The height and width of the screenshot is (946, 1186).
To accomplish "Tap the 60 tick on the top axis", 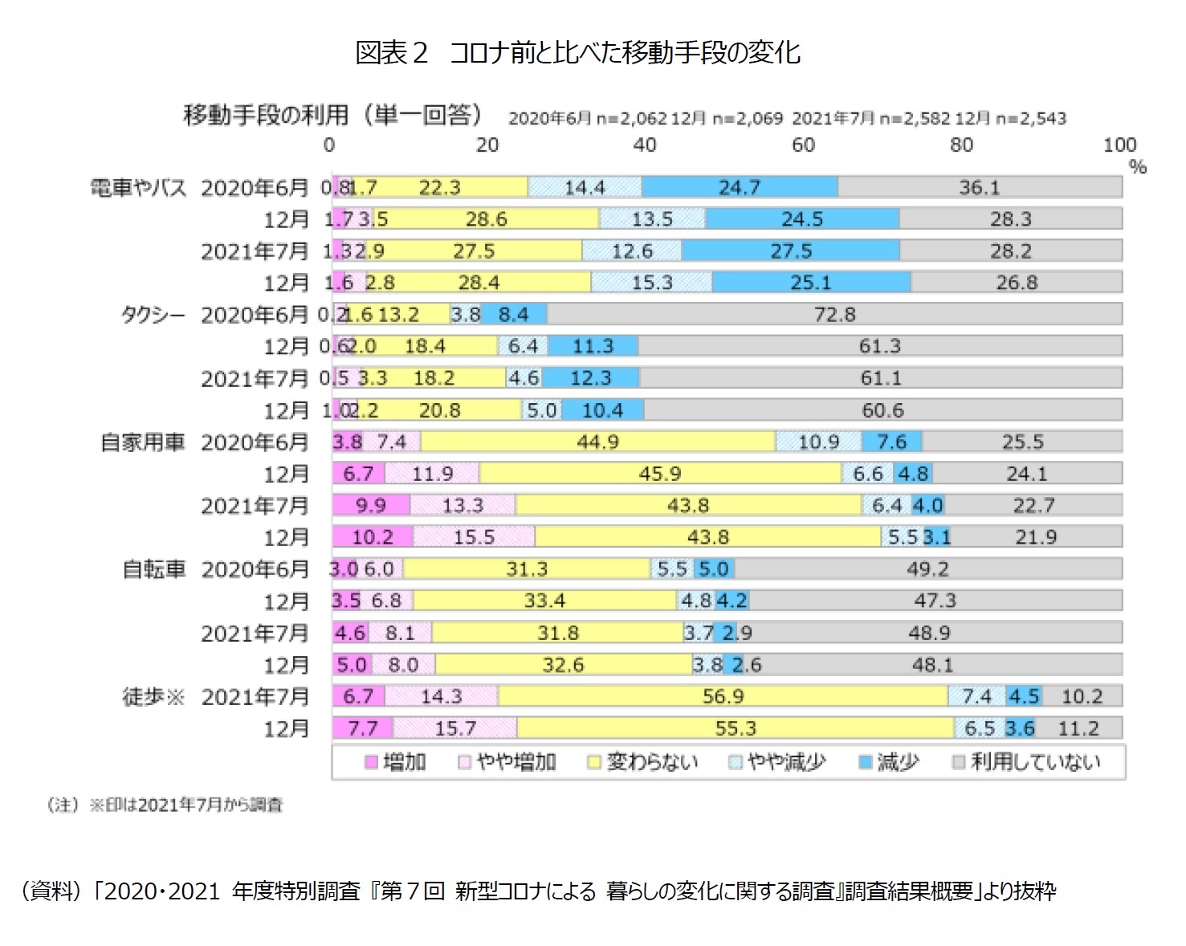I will coord(802,145).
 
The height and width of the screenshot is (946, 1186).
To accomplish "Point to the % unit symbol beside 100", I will coord(1137,167).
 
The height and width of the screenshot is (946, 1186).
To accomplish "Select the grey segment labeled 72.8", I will coord(834,314).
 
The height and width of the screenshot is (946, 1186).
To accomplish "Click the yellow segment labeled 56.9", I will coord(723,696).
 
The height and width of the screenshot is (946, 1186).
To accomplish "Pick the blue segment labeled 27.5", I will coord(791,251).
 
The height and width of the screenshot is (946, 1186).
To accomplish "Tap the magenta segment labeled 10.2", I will coord(373,537).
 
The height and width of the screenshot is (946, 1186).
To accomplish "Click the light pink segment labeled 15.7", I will coord(455,728).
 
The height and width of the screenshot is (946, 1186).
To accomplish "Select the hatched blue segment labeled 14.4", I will coord(585,187).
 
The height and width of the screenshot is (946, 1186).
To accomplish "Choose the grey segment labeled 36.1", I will coord(980,187).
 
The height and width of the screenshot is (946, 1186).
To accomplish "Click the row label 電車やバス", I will coord(137,188).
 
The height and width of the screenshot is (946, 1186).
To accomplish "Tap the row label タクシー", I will coord(153,315).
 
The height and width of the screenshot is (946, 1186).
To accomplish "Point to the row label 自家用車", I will coord(142,442).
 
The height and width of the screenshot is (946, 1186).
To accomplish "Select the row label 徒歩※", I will coord(153,696).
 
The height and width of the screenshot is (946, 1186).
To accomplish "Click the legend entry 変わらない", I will coord(651,761).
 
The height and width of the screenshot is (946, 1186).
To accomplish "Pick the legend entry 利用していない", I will coord(1034,761).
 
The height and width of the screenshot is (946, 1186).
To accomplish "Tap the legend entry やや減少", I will coord(785,761).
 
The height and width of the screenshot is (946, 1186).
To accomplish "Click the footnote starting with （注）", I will coord(165,805).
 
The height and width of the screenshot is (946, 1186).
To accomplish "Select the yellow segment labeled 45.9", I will coord(659,474).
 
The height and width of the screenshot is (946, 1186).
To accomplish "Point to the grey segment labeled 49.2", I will coord(927,569).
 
